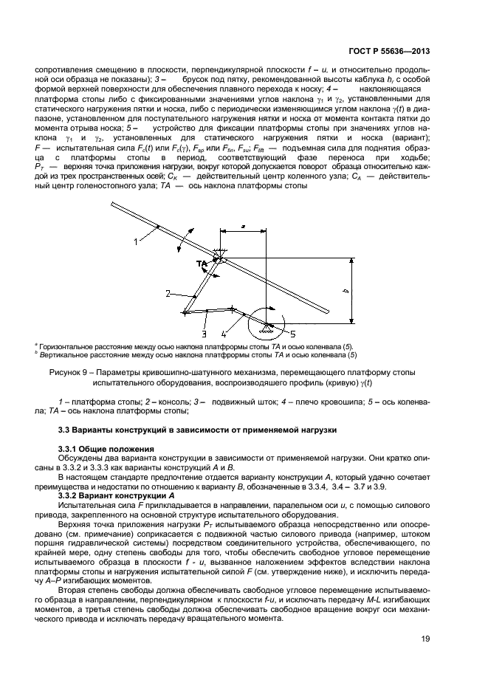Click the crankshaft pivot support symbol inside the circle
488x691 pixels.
[266, 323]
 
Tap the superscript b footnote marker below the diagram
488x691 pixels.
[37, 352]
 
